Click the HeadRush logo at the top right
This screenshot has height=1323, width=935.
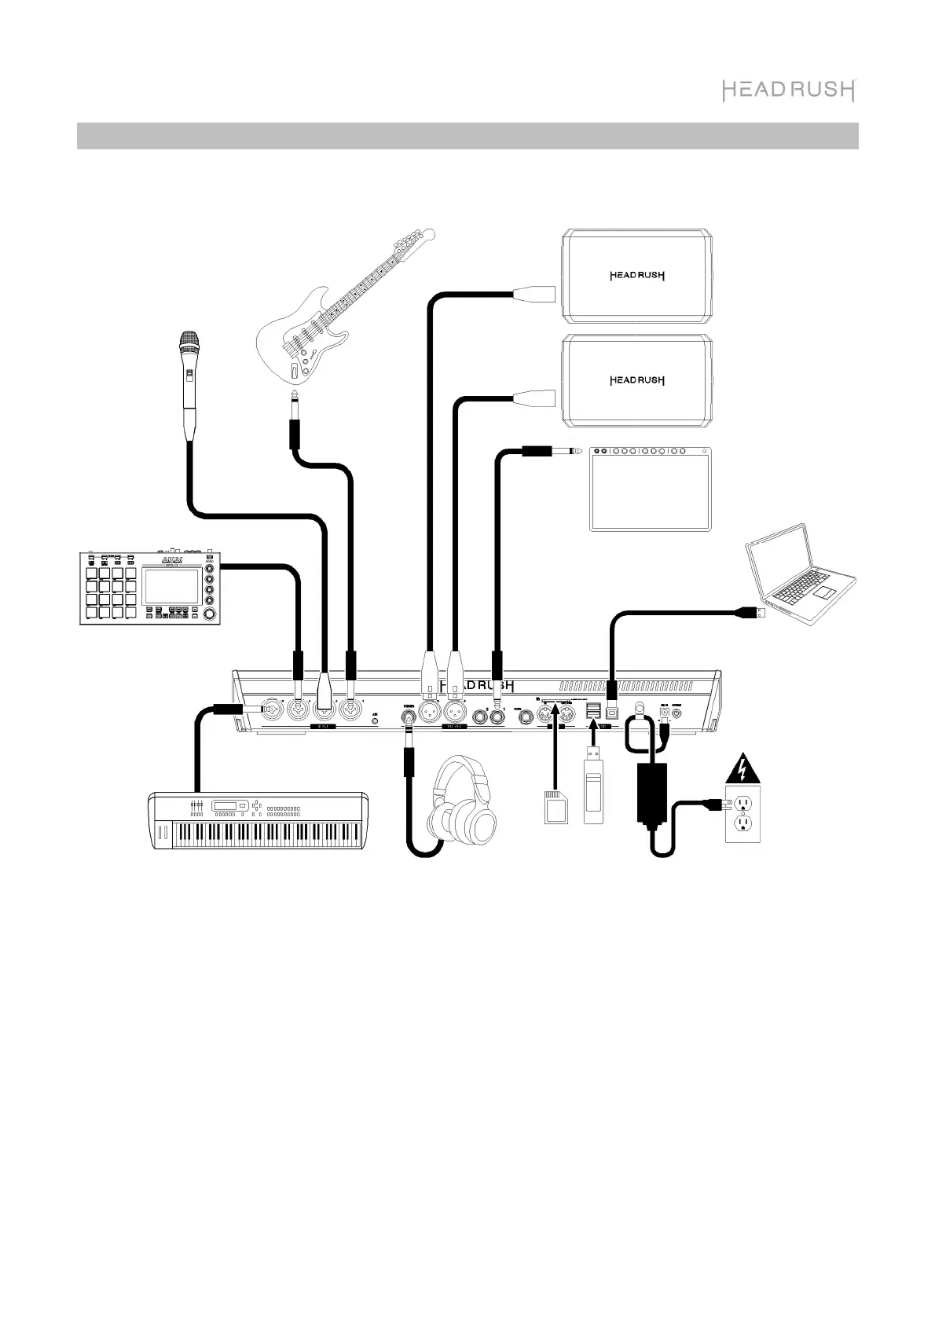point(788,90)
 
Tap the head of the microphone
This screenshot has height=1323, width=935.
point(188,343)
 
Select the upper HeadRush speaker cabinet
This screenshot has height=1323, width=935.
point(638,276)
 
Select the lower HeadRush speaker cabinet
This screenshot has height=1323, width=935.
point(638,380)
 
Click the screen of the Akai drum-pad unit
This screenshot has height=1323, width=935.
point(172,586)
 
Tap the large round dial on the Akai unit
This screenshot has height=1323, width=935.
point(211,614)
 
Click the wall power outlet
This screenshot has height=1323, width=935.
point(742,813)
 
